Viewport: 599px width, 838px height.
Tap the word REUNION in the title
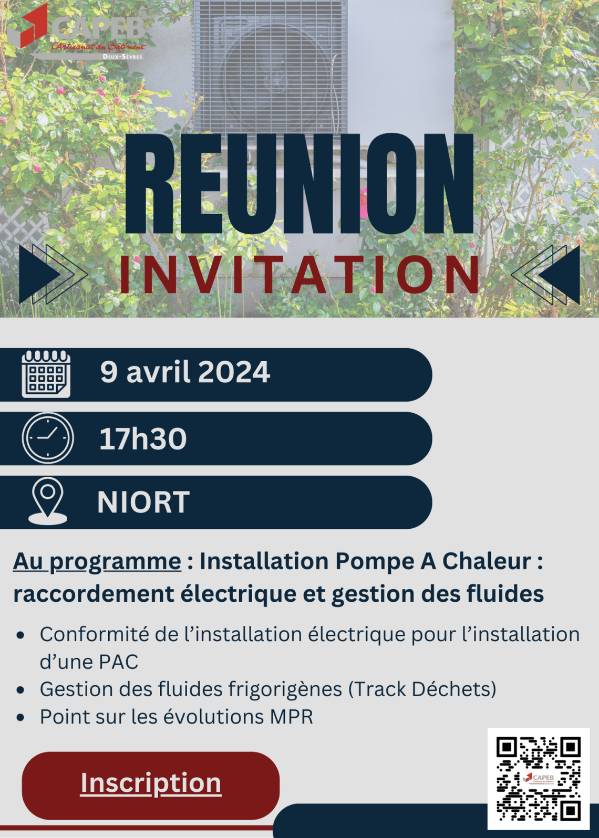coord(299,184)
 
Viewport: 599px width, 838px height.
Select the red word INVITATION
coord(299,275)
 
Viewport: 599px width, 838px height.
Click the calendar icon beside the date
coord(46,374)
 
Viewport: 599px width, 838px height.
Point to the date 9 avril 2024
coord(185,372)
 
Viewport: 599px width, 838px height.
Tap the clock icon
coord(48,438)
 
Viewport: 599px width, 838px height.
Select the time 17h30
coord(143,438)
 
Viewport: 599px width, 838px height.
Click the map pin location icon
coord(48,501)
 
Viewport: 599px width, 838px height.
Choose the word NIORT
coord(143,502)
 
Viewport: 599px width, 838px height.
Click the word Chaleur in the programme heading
coord(487,561)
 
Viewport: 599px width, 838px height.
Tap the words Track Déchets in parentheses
coord(422,689)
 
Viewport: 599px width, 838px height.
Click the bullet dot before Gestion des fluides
coord(20,689)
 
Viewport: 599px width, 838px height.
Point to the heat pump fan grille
coord(270,67)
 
